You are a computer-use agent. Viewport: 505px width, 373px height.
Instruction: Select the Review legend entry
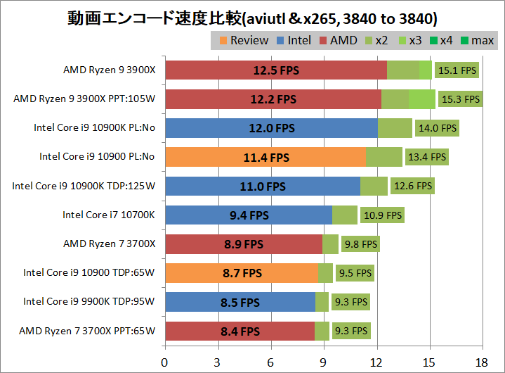pyautogui.click(x=244, y=40)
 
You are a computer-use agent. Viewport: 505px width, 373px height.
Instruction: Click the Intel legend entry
pyautogui.click(x=294, y=40)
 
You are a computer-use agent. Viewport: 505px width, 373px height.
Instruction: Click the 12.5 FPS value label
pyautogui.click(x=276, y=70)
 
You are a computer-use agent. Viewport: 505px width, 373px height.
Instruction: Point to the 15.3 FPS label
pyautogui.click(x=460, y=99)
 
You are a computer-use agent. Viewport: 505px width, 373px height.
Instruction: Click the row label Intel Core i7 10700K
pyautogui.click(x=108, y=215)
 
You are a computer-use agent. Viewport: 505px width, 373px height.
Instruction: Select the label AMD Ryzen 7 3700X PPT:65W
pyautogui.click(x=87, y=331)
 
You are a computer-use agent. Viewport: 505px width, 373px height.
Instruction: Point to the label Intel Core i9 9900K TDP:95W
pyautogui.click(x=88, y=302)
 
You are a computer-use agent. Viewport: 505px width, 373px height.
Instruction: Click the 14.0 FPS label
pyautogui.click(x=438, y=128)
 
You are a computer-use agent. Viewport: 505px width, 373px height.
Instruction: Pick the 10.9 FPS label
pyautogui.click(x=383, y=215)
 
